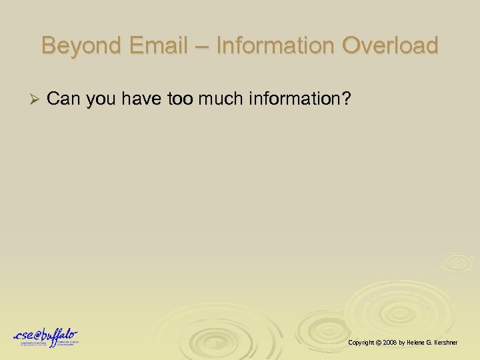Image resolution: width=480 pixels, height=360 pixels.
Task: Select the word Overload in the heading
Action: tap(390, 46)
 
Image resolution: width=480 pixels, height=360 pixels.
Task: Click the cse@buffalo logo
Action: tap(45, 337)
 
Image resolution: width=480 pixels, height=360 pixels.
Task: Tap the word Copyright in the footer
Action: tap(362, 342)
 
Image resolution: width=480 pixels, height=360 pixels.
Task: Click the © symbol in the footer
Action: tap(379, 342)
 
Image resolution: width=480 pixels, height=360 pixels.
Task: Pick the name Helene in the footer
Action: tap(418, 342)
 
